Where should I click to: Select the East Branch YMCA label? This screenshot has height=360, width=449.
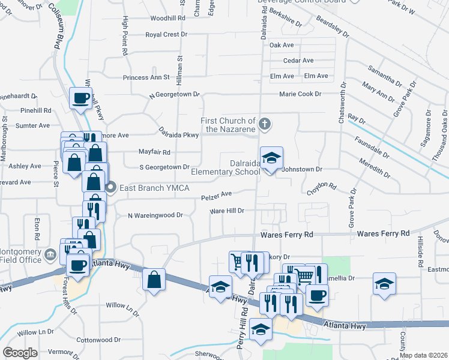(x=155, y=188)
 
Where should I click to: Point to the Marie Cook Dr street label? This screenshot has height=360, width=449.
(x=300, y=94)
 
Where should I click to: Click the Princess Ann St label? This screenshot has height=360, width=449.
(x=146, y=77)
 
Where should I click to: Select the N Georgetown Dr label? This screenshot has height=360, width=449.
(x=174, y=95)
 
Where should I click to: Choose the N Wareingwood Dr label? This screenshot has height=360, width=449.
(x=155, y=215)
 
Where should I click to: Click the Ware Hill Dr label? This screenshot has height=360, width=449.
(x=226, y=211)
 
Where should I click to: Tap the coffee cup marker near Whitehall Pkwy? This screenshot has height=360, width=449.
(x=81, y=98)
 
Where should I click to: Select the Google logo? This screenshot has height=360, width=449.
(x=20, y=353)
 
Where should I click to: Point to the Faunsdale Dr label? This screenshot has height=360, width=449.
(x=372, y=145)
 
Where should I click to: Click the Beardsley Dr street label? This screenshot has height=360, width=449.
(x=331, y=29)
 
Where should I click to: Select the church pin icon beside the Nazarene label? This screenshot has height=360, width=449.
(x=265, y=125)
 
